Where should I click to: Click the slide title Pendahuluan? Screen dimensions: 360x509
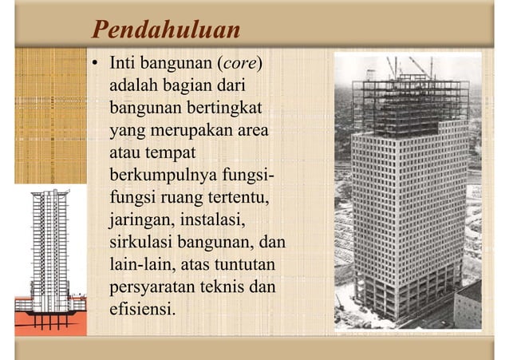coord(166,30)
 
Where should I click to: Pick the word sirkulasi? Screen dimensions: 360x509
coord(144,239)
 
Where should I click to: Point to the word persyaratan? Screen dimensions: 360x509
coord(152,284)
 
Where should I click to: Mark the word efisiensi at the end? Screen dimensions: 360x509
coord(142,306)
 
